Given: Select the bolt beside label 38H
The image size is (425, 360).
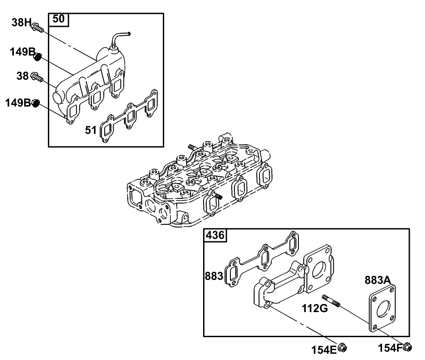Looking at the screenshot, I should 37,29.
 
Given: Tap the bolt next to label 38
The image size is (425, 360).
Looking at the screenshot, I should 37,78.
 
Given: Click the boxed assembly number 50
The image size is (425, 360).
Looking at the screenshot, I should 59,19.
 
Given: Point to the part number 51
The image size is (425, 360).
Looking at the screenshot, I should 91,130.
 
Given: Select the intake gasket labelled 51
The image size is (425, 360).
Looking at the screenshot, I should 130,117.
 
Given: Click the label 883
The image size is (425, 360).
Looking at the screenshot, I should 214,276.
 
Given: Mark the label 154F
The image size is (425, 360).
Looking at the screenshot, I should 389,347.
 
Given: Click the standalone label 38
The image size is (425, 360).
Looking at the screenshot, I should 23,77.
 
